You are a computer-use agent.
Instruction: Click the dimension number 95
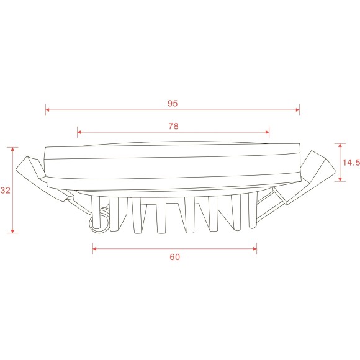173,104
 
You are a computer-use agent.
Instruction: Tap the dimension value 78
173,126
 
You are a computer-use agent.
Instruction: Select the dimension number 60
174,256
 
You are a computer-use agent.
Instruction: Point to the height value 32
6,191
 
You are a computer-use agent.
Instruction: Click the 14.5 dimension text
351,163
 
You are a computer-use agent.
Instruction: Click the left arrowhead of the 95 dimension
47,110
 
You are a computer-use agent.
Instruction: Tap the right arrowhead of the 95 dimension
297,110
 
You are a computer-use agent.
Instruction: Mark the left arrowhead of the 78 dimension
79,132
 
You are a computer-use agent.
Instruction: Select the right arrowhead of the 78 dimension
268,132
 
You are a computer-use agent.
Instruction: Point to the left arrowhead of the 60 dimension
95,249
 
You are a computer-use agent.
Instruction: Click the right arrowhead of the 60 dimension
254,249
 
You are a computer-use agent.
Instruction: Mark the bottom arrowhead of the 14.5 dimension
340,179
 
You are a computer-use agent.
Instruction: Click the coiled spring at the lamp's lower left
97,223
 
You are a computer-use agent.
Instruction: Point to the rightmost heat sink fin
252,211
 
